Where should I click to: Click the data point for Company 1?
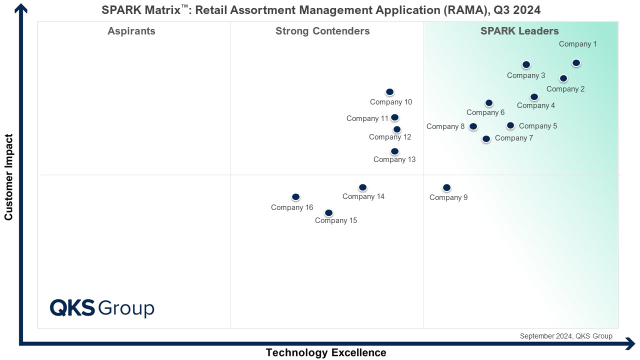click(576, 63)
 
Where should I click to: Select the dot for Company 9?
click(446, 187)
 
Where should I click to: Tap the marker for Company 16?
click(295, 197)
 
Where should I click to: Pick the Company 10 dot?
click(389, 92)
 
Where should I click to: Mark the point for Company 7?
click(486, 139)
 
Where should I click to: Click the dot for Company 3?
click(526, 65)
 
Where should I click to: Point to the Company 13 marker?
click(394, 151)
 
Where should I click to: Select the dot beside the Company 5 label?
click(510, 125)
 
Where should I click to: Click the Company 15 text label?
click(336, 220)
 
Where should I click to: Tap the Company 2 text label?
click(565, 89)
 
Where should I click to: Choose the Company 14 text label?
click(363, 196)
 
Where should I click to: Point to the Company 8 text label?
click(445, 126)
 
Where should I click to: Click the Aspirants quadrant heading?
click(131, 31)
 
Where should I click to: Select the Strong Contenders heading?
click(322, 31)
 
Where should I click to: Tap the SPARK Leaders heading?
click(519, 31)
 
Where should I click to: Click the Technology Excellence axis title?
click(326, 352)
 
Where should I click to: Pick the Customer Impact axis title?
click(8, 177)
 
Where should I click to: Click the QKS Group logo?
click(102, 308)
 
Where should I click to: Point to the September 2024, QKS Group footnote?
click(566, 336)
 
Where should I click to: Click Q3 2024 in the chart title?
click(517, 10)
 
